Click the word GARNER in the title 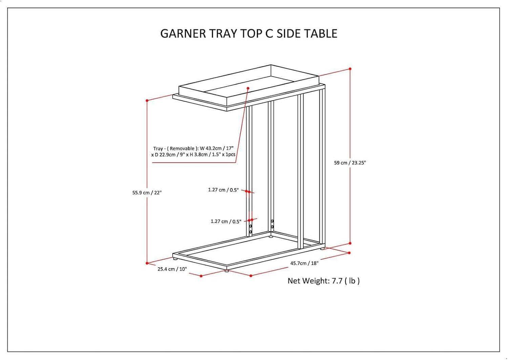tap(183, 33)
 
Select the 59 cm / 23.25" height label tap(350, 163)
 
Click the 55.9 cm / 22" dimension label tap(147, 193)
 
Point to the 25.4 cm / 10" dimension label tap(172, 269)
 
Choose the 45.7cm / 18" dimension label tap(304, 263)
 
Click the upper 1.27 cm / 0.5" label tap(223, 190)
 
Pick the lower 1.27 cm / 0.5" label tap(226, 222)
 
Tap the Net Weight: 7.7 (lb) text tap(323, 281)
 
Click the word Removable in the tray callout tap(182, 149)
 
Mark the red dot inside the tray tap(248, 88)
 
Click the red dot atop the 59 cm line tap(350, 69)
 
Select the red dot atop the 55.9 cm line tap(147, 100)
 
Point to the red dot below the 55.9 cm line tap(147, 263)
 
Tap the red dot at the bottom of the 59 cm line tap(350, 243)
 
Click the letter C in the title tap(269, 33)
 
